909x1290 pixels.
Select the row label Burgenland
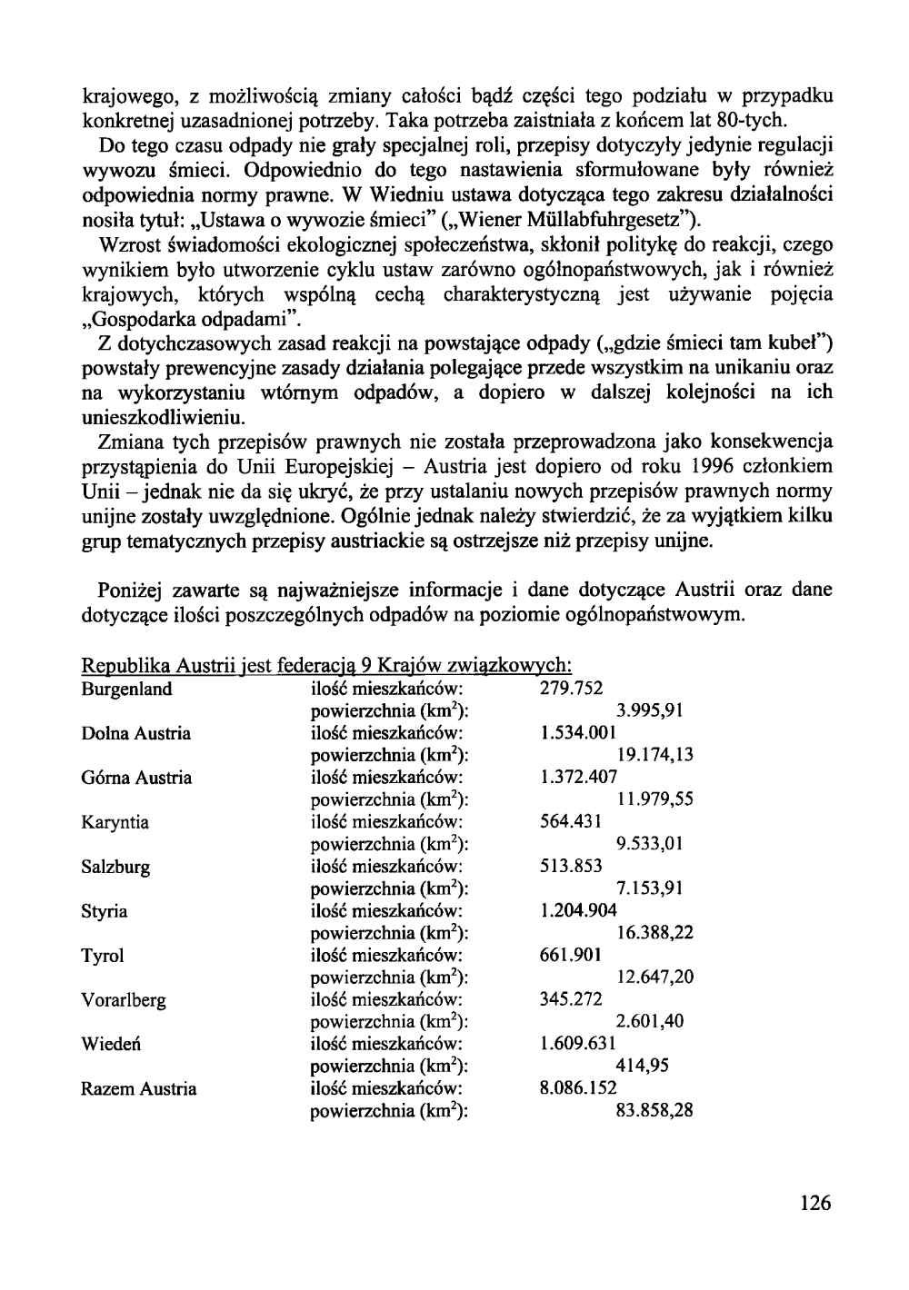[x=126, y=689]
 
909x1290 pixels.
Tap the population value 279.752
[x=571, y=689]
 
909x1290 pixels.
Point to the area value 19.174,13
[x=655, y=755]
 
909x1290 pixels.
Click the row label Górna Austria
[x=136, y=778]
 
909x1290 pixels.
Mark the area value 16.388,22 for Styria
[x=655, y=933]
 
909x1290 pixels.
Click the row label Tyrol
[x=102, y=956]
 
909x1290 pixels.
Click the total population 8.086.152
[x=578, y=1088]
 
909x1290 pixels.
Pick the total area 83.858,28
[x=655, y=1110]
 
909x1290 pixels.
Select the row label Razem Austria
[x=138, y=1088]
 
